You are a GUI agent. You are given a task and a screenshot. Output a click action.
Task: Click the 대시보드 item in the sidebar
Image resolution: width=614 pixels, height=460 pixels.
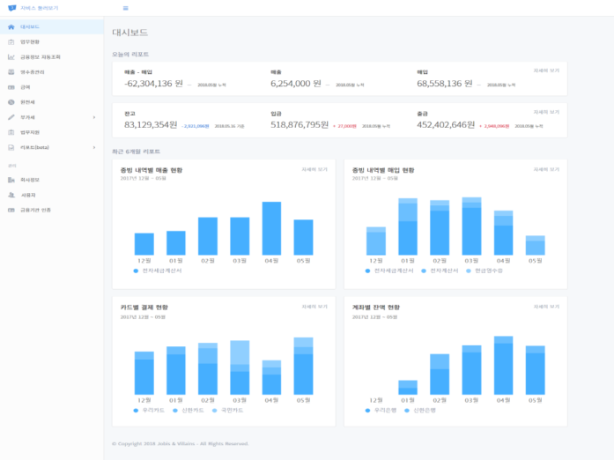[x=30, y=27]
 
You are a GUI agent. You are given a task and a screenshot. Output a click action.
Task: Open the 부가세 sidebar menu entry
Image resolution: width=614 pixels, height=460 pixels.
[x=28, y=116]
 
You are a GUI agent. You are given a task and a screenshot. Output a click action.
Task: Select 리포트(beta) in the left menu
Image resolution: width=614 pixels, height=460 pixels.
[x=35, y=147]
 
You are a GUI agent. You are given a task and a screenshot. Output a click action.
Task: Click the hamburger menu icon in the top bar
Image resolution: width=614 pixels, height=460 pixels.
[x=125, y=8]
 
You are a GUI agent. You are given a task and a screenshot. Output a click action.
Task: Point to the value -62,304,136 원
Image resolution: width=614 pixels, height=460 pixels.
[x=153, y=84]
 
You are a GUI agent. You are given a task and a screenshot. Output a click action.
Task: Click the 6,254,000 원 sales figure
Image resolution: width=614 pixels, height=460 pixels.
[x=296, y=84]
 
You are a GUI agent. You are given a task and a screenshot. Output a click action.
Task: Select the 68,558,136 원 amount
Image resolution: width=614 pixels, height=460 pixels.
[x=445, y=84]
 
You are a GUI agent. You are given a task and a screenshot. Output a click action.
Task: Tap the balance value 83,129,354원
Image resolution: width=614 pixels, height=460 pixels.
[x=151, y=125]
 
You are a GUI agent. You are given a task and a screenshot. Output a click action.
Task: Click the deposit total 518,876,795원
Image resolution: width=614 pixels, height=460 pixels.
[x=300, y=125]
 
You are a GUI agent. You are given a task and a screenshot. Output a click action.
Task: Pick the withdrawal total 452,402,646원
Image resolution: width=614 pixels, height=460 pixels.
[x=446, y=125]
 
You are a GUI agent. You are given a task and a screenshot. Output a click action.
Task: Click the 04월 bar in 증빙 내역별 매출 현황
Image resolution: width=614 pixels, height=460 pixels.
[x=271, y=228]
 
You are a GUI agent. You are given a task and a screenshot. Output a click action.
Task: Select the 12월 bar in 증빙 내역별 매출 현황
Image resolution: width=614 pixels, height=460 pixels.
[x=144, y=244]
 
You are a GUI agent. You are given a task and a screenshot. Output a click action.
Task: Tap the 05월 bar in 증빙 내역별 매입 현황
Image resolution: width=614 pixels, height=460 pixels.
[x=535, y=246]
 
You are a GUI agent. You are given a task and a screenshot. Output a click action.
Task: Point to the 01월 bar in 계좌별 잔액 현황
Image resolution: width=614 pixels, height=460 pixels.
[x=407, y=387]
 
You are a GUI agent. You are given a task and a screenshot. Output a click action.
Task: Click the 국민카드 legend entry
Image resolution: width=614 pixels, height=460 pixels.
[x=231, y=410]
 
